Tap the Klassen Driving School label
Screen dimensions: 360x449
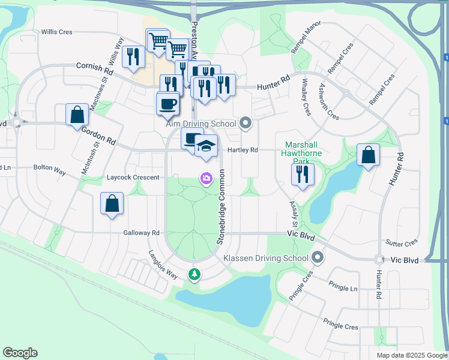(265, 258)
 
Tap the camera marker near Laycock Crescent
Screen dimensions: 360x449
(206, 178)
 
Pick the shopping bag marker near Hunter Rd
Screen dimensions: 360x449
(368, 155)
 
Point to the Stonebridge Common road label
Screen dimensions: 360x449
(220, 207)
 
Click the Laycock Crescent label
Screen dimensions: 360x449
(133, 178)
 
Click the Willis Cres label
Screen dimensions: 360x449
(56, 32)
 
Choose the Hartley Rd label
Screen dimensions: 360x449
(243, 150)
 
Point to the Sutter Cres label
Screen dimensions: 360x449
(403, 243)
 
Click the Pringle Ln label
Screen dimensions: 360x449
(346, 288)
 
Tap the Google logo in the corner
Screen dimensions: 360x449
(20, 353)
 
